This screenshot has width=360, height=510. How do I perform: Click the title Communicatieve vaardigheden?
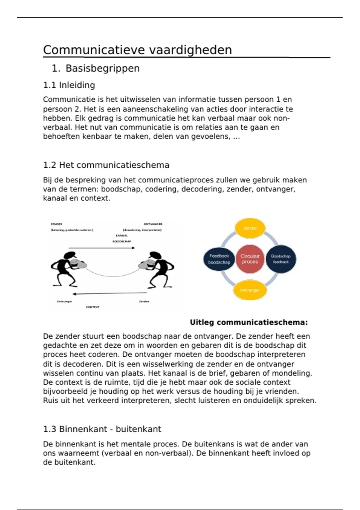pos(137,50)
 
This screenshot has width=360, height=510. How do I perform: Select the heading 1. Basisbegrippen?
pos(96,68)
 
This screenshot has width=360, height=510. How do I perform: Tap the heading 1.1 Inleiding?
pos(69,85)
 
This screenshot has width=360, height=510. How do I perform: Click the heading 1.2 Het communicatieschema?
pos(106,165)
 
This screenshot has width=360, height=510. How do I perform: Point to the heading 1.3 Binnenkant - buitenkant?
pos(102,429)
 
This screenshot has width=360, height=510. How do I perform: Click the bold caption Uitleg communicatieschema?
pos(249,322)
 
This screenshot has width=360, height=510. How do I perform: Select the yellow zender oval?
pos(250,228)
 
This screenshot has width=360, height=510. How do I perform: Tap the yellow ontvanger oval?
pos(250,290)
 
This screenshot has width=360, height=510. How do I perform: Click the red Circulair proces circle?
pos(250,259)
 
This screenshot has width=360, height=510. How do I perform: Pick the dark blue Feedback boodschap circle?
pos(219,259)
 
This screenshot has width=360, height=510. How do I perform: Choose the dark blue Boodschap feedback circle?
pos(281,259)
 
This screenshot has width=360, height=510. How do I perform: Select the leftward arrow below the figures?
pos(110,293)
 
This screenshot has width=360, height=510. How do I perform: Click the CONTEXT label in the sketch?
pos(92,307)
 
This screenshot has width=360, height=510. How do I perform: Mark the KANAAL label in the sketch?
pos(121,235)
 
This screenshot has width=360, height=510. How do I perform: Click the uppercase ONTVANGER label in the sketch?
pos(153,224)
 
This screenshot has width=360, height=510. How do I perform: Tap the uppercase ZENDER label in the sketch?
pos(56,224)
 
